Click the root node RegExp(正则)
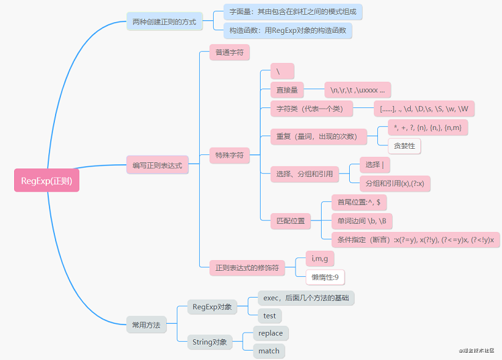46,180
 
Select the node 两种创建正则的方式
164,22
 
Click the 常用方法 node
146,324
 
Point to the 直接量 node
287,90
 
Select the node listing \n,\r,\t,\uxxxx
357,90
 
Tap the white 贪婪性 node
404,145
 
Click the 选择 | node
374,165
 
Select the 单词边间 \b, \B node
363,221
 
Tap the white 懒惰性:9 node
326,277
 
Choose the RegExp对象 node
212,307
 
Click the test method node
269,316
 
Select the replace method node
271,333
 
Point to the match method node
269,351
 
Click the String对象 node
209,343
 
